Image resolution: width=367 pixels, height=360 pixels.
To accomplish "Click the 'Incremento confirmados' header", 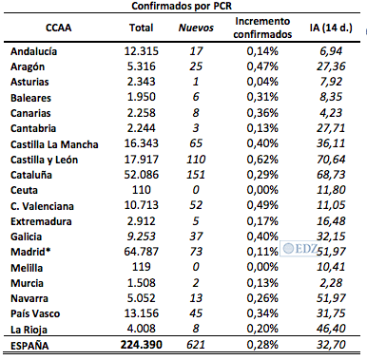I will [x=261, y=28].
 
